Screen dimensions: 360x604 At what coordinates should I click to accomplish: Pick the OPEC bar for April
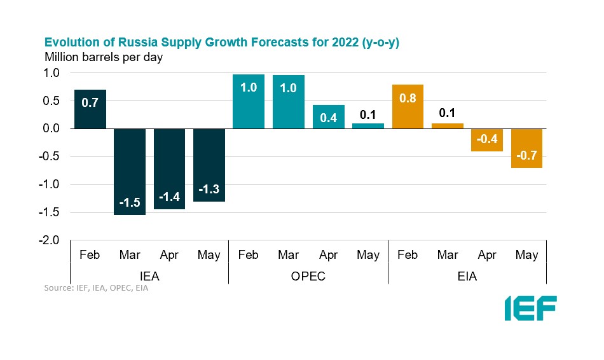tap(328, 117)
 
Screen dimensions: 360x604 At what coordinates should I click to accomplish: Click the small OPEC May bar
tap(368, 126)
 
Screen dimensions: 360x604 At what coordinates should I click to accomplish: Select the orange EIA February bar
tap(408, 106)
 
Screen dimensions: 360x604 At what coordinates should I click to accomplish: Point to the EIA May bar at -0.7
tap(526, 148)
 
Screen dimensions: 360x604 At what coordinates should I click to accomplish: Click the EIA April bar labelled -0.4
tap(487, 140)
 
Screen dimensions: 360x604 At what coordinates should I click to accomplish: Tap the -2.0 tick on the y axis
tap(51, 241)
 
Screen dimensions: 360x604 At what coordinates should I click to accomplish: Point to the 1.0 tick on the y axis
tap(53, 73)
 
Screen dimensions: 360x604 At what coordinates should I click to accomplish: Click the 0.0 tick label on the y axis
tap(53, 129)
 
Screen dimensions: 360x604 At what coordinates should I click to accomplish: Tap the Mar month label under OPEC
tap(288, 255)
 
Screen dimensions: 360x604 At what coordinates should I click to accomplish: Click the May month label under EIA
tap(526, 255)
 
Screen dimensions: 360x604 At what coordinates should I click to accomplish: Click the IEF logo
tap(530, 308)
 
